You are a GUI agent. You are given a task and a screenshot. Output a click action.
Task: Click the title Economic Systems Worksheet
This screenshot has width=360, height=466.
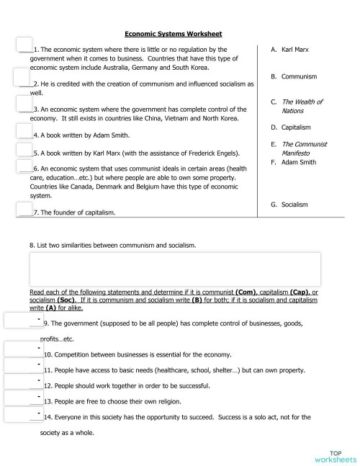click(x=173, y=33)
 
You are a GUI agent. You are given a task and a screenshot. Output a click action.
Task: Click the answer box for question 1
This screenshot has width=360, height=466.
click(x=24, y=45)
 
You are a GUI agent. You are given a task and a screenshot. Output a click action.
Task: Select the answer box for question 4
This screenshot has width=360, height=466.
click(x=24, y=131)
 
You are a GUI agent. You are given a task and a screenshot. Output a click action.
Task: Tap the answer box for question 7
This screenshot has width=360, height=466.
click(x=24, y=210)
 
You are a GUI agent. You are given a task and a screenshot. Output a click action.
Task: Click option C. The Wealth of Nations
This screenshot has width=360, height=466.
click(x=297, y=106)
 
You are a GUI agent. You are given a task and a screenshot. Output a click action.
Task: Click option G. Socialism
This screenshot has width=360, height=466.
click(x=289, y=205)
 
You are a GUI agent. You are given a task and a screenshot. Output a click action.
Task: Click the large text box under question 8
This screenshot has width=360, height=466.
click(x=174, y=269)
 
